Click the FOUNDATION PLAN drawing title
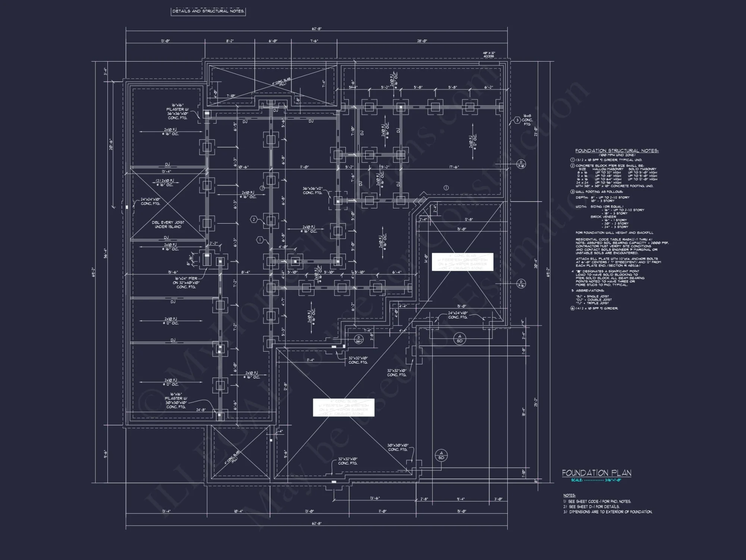click(596, 473)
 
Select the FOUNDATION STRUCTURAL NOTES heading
click(617, 151)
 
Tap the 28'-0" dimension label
click(422, 41)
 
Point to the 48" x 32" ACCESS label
click(489, 55)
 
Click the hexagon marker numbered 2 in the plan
click(254, 220)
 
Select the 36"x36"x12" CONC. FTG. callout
click(313, 190)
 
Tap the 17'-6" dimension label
click(454, 167)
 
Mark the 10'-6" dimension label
click(243, 167)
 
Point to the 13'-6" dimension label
click(375, 498)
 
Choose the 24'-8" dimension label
click(201, 410)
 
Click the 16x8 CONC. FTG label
click(527, 120)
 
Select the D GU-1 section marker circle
click(359, 339)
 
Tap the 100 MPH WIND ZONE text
click(614, 155)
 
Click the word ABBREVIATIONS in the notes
click(590, 290)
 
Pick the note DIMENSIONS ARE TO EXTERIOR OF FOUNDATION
click(610, 512)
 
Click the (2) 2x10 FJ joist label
click(165, 181)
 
